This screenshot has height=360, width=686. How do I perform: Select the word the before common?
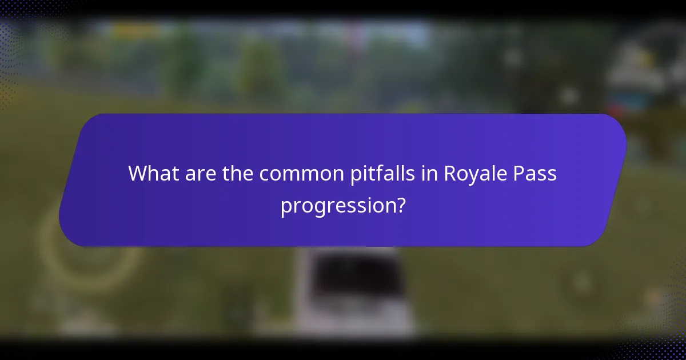tap(237, 173)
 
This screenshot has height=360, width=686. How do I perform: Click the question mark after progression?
tap(401, 205)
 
